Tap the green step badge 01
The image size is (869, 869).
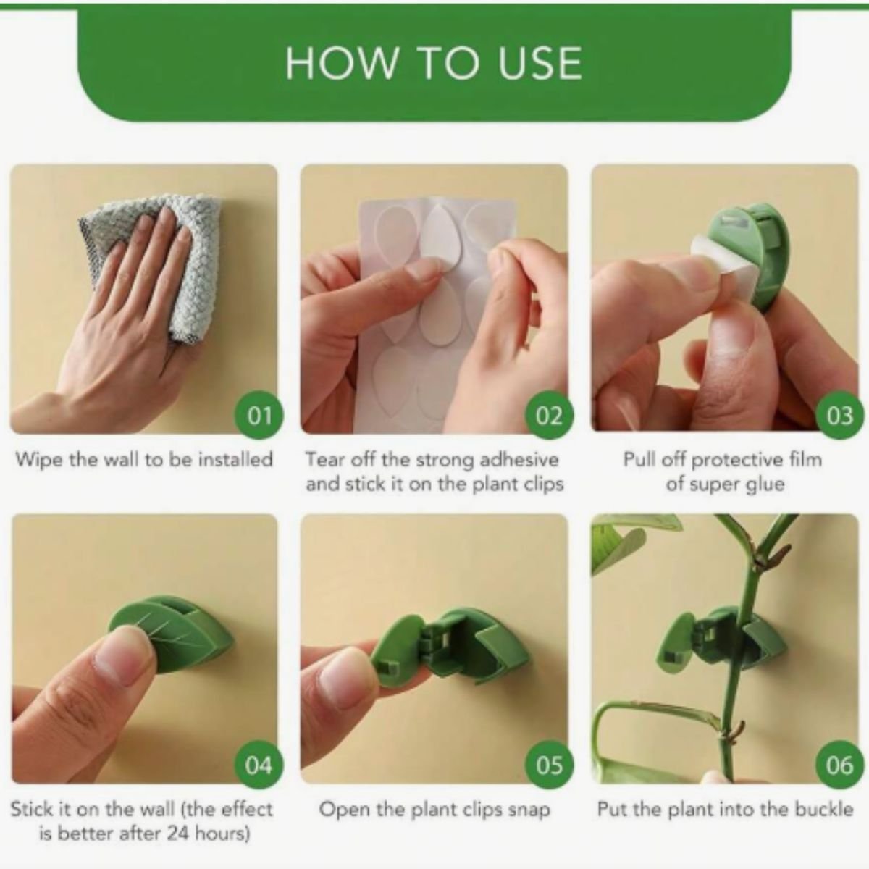[259, 415]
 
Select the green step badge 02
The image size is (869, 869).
[549, 415]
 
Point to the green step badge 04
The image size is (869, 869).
[259, 765]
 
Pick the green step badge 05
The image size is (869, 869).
[549, 765]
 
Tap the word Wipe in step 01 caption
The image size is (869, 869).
[38, 460]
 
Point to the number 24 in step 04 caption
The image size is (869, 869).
[180, 833]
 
